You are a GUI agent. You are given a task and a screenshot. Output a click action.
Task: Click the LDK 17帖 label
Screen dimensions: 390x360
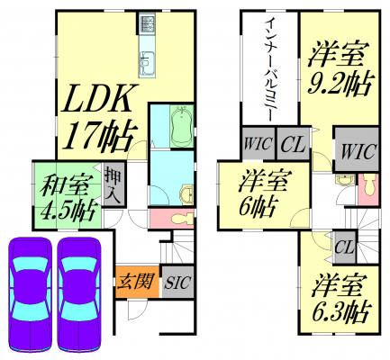pyautogui.click(x=99, y=116)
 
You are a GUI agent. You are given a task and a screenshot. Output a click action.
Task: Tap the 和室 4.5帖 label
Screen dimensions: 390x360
pyautogui.click(x=68, y=197)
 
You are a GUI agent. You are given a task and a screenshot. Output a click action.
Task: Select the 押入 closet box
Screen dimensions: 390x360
pyautogui.click(x=113, y=184)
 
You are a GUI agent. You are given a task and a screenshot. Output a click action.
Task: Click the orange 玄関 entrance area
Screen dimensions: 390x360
pyautogui.click(x=137, y=282)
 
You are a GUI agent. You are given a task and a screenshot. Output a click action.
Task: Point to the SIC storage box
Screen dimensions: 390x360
pyautogui.click(x=177, y=282)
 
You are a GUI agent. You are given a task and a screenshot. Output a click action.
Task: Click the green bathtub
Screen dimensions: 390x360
pyautogui.click(x=181, y=126)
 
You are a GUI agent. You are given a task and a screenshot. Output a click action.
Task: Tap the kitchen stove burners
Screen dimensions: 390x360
pyautogui.click(x=147, y=23)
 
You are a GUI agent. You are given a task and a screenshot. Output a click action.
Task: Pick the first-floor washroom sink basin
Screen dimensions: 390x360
pyautogui.click(x=187, y=194)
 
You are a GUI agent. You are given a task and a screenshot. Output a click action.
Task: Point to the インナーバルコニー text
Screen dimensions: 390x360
pyautogui.click(x=270, y=68)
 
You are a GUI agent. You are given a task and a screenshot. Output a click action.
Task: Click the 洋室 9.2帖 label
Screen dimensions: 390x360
pyautogui.click(x=340, y=69)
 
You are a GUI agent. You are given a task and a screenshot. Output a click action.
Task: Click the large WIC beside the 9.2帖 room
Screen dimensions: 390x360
pyautogui.click(x=357, y=149)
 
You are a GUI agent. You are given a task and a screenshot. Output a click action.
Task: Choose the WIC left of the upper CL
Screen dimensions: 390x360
pyautogui.click(x=258, y=144)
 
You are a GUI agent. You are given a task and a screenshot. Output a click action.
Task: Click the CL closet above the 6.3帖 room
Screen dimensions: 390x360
pyautogui.click(x=346, y=247)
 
